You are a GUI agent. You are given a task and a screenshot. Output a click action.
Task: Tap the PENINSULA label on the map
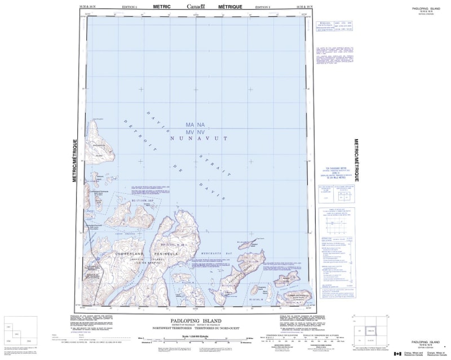click(164, 254)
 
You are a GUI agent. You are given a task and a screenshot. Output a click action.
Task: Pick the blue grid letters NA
click(201, 124)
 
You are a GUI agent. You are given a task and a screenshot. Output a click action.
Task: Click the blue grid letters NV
click(201, 130)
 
